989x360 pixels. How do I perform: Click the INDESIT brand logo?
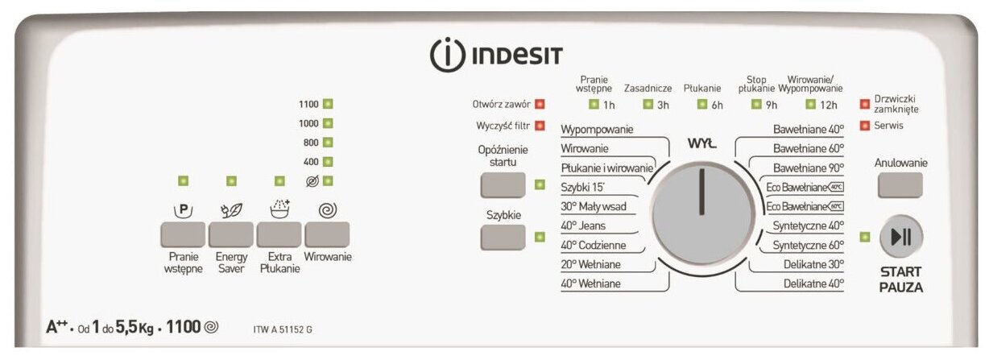pos(496,56)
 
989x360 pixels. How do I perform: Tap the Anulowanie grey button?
pos(900,185)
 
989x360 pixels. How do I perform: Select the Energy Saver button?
pos(231,234)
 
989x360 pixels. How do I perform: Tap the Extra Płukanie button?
pos(279,234)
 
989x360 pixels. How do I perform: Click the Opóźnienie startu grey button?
pos(503,185)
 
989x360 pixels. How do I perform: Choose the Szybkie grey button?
pos(503,237)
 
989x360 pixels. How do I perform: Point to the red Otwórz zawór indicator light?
pos(540,104)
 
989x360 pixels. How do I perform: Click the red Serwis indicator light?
pos(865,126)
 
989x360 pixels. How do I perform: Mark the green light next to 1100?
pos(328,104)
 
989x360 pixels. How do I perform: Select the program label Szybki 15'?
pos(581,187)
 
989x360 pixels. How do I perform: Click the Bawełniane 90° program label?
pos(808,168)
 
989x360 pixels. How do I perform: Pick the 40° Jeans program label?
pos(583,226)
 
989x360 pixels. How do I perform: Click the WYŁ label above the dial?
pos(701,143)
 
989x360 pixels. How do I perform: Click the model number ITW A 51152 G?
pos(283,329)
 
